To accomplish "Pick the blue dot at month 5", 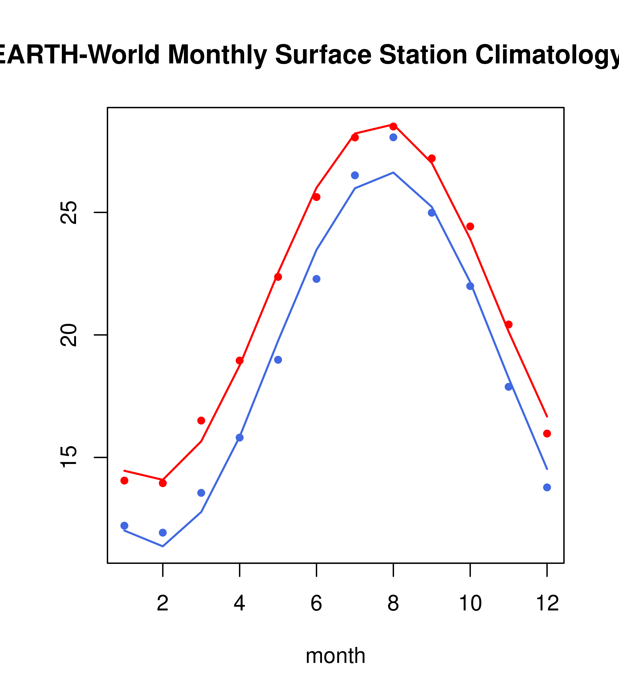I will (x=278, y=360).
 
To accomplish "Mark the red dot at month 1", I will (x=124, y=481).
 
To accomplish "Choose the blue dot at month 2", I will (x=163, y=533).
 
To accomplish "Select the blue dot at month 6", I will (x=316, y=279).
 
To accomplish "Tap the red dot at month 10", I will (x=470, y=227).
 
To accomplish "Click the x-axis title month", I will (x=335, y=655).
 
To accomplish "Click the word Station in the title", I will (x=423, y=55).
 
